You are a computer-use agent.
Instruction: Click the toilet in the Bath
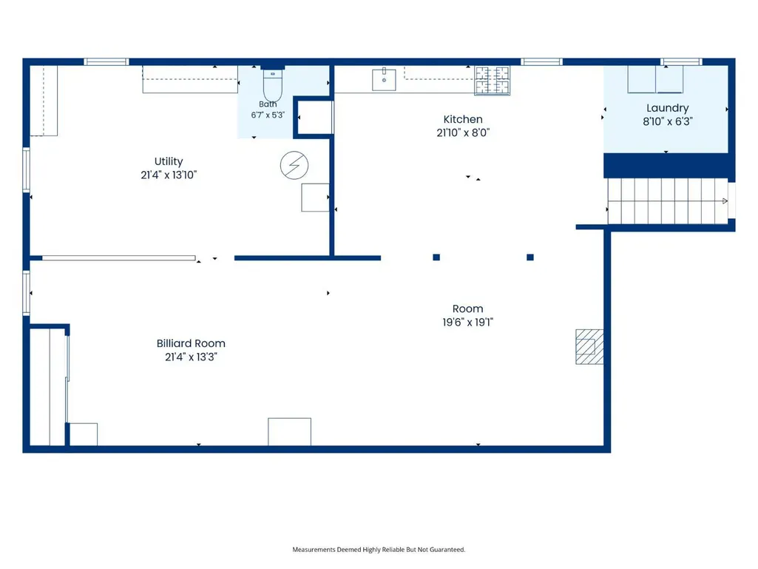pos(273,85)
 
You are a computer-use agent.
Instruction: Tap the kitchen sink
pos(384,79)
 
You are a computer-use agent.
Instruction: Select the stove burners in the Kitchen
pos(492,81)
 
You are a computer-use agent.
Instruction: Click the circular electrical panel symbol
pos(294,166)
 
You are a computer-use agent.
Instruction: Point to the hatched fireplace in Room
pos(589,346)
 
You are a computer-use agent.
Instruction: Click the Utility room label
pos(169,161)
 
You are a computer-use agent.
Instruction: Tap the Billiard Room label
pos(191,343)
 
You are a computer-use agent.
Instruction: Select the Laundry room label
pos(668,108)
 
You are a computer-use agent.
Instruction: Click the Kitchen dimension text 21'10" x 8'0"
pos(463,132)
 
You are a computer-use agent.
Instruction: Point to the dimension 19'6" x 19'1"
pos(468,323)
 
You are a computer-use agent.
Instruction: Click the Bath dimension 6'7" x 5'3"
pos(268,115)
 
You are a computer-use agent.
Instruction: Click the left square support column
pos(436,257)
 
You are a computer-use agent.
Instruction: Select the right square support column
pos(529,257)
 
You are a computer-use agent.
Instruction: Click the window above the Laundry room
pos(681,61)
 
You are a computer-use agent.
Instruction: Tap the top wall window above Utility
pos(106,61)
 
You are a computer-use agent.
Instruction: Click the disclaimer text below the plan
pos(379,550)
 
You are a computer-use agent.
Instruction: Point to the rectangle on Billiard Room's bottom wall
pos(290,431)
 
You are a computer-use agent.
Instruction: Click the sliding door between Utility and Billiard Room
pos(119,258)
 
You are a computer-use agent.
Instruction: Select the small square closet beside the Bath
pos(314,117)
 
